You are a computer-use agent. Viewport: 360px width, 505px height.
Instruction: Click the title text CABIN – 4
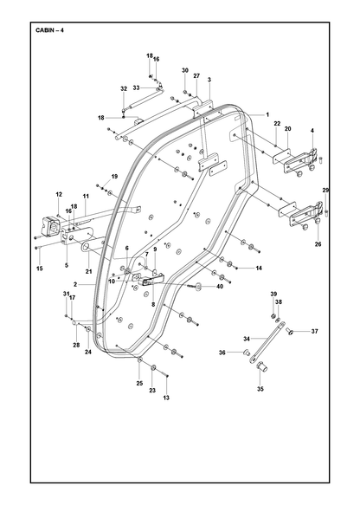49,30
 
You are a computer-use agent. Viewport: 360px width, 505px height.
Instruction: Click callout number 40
220,286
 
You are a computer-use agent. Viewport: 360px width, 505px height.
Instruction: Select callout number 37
315,331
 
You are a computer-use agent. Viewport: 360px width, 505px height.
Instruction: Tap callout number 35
260,389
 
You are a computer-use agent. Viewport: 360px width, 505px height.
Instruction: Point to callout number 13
166,398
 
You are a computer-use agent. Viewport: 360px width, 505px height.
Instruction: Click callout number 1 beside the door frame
267,114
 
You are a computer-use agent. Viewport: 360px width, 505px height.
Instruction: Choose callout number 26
318,244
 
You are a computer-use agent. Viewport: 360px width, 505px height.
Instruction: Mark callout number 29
325,191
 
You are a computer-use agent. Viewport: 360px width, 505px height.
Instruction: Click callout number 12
59,194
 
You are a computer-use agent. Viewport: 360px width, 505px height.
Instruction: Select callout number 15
40,269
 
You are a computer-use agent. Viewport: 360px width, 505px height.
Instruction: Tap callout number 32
124,88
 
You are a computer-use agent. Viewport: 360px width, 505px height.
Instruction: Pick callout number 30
185,70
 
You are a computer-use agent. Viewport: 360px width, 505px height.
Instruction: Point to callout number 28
76,345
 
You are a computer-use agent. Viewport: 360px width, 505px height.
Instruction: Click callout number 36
222,353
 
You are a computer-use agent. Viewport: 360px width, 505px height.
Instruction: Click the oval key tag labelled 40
198,286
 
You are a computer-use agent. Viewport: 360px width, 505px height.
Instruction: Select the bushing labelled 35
262,366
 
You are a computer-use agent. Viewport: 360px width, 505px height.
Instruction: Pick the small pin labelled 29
326,212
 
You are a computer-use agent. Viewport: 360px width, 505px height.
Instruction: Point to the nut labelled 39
273,315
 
